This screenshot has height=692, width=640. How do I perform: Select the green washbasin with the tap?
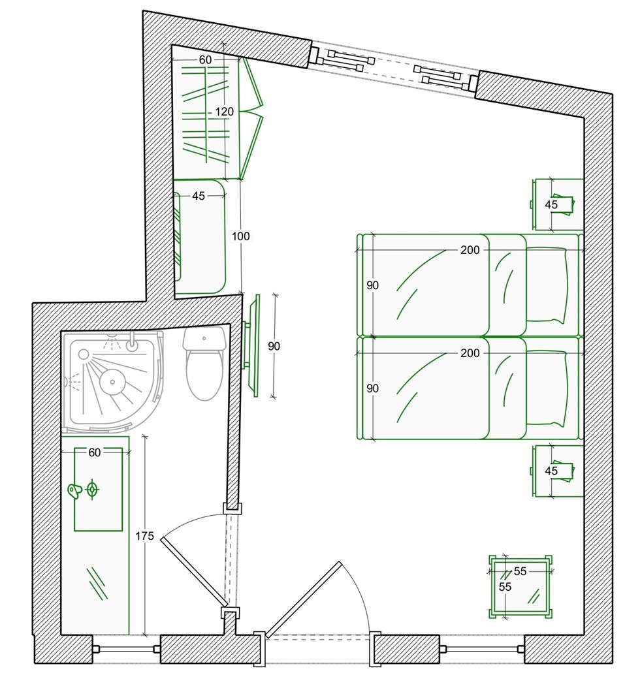tap(98, 489)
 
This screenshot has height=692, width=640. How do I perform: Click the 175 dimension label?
tap(145, 536)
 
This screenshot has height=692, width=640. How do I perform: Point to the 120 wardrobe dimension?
tap(224, 112)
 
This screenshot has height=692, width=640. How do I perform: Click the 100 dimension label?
tap(240, 236)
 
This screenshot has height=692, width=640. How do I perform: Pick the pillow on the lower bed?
tap(547, 388)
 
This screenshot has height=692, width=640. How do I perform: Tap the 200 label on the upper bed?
tap(470, 250)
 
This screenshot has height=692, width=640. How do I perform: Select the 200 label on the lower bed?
tap(470, 353)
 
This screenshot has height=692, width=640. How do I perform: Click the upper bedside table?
tap(558, 204)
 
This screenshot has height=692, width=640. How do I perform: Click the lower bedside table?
tap(558, 471)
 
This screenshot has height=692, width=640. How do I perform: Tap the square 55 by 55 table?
tap(520, 586)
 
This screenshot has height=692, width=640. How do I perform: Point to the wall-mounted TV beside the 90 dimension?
tap(252, 345)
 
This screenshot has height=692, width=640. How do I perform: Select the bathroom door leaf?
tap(195, 572)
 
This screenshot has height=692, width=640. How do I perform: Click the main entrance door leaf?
tap(303, 599)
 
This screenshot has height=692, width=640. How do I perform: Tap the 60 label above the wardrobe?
tap(205, 59)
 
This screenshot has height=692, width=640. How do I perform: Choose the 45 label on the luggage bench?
tap(199, 196)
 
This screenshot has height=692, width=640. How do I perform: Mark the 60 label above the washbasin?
tap(95, 452)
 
